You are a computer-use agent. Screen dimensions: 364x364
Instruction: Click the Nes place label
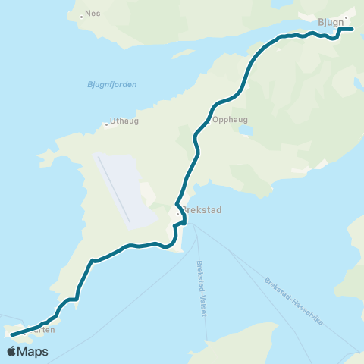pos(93,14)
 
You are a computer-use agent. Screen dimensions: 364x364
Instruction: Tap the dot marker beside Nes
pos(82,15)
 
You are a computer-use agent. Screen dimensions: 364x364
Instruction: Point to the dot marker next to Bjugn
pos(346,17)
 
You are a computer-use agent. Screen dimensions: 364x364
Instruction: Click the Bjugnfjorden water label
pos(111,84)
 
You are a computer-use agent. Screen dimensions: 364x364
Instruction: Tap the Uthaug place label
pos(123,121)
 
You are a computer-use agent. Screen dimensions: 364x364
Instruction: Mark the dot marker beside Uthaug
pos(107,125)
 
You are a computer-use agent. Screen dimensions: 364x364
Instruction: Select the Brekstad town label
pos(202,212)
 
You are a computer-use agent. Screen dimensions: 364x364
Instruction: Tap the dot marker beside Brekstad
pos(178,214)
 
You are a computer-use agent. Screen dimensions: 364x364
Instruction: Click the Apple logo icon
pos(11,351)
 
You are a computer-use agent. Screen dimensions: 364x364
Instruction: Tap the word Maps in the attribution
pos(33,351)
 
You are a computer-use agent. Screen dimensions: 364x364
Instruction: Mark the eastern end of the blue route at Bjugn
pos(353,30)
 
